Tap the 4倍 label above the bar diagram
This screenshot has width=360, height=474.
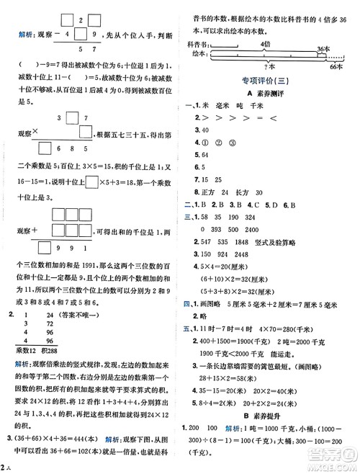tap(266, 44)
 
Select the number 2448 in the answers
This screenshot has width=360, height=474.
tap(261, 253)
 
